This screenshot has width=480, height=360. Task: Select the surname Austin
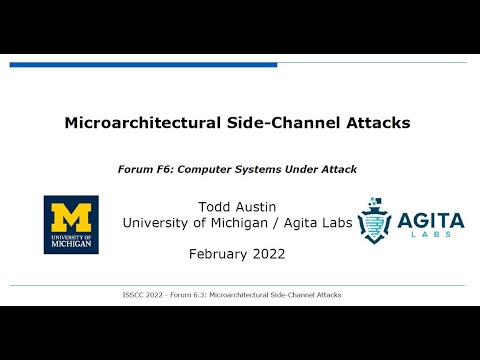click(x=257, y=206)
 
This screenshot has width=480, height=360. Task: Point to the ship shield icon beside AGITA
click(x=376, y=220)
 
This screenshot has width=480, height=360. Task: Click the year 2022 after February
click(x=269, y=254)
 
